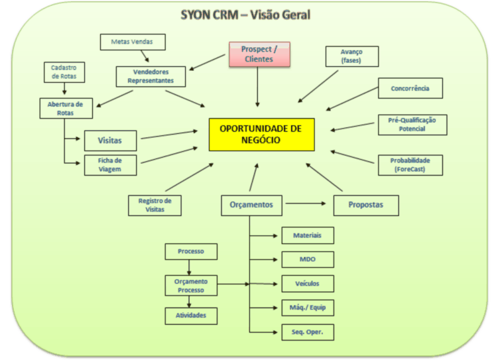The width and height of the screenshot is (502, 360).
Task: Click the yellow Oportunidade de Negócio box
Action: tap(261, 135)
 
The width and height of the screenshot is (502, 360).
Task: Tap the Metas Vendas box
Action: tap(133, 42)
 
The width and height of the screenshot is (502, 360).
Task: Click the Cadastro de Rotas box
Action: tap(64, 72)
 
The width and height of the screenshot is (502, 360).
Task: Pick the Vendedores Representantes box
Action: tap(151, 76)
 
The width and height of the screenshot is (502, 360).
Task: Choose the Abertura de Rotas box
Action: tap(66, 108)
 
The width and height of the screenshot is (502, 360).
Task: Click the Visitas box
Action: tap(111, 141)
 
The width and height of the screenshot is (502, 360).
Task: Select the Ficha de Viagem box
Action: tap(111, 164)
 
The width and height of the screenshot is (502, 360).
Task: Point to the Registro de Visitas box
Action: tap(155, 205)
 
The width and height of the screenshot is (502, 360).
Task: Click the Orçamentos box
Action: tap(251, 205)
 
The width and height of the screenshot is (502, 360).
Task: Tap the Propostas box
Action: tap(366, 205)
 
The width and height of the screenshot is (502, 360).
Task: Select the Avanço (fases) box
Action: tap(351, 56)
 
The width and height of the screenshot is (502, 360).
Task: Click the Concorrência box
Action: tap(410, 88)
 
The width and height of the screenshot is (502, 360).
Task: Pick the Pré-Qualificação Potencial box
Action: tap(412, 125)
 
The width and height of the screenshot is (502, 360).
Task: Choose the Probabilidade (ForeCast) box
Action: tap(410, 164)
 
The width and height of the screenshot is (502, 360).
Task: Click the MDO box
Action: tap(307, 259)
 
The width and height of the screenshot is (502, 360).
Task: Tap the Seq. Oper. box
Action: tap(307, 331)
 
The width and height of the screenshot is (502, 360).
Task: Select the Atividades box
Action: tap(190, 316)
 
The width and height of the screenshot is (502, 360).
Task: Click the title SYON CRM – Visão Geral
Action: tap(246, 15)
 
